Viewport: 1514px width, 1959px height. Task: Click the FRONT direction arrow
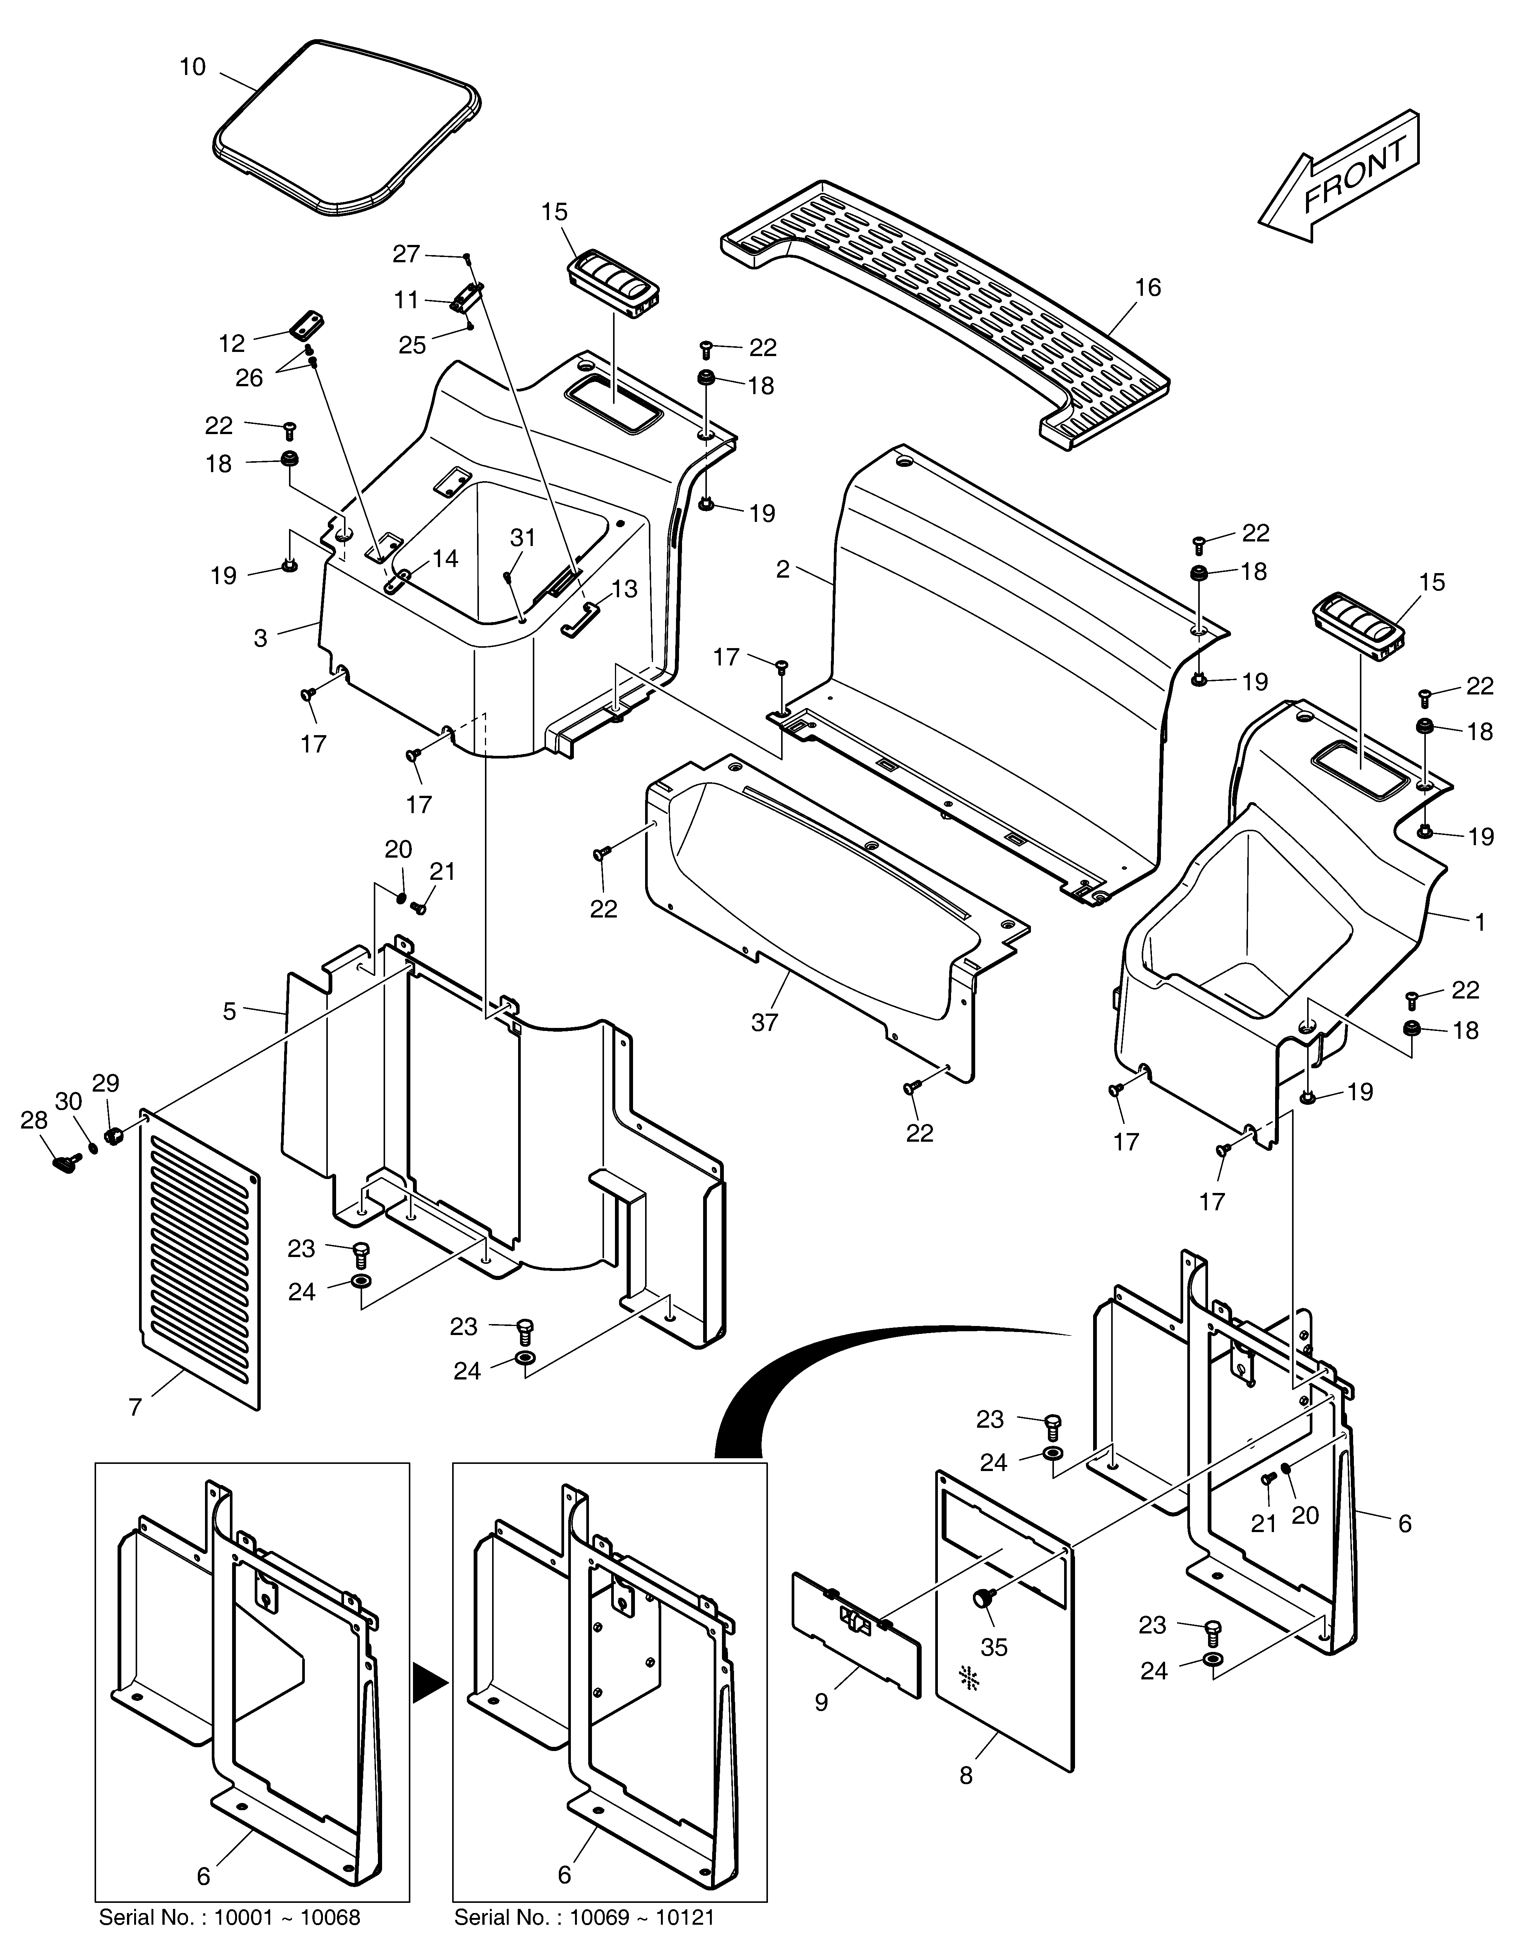tap(1339, 177)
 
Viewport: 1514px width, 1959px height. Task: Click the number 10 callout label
tap(193, 67)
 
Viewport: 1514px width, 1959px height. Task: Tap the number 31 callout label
tap(523, 537)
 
